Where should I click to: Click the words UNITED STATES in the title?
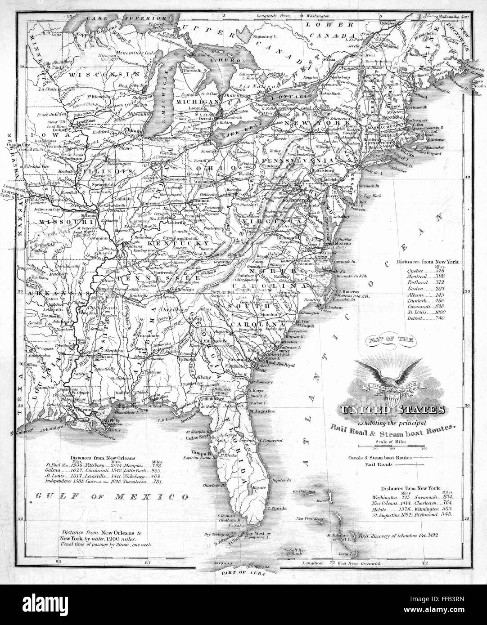(391, 410)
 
